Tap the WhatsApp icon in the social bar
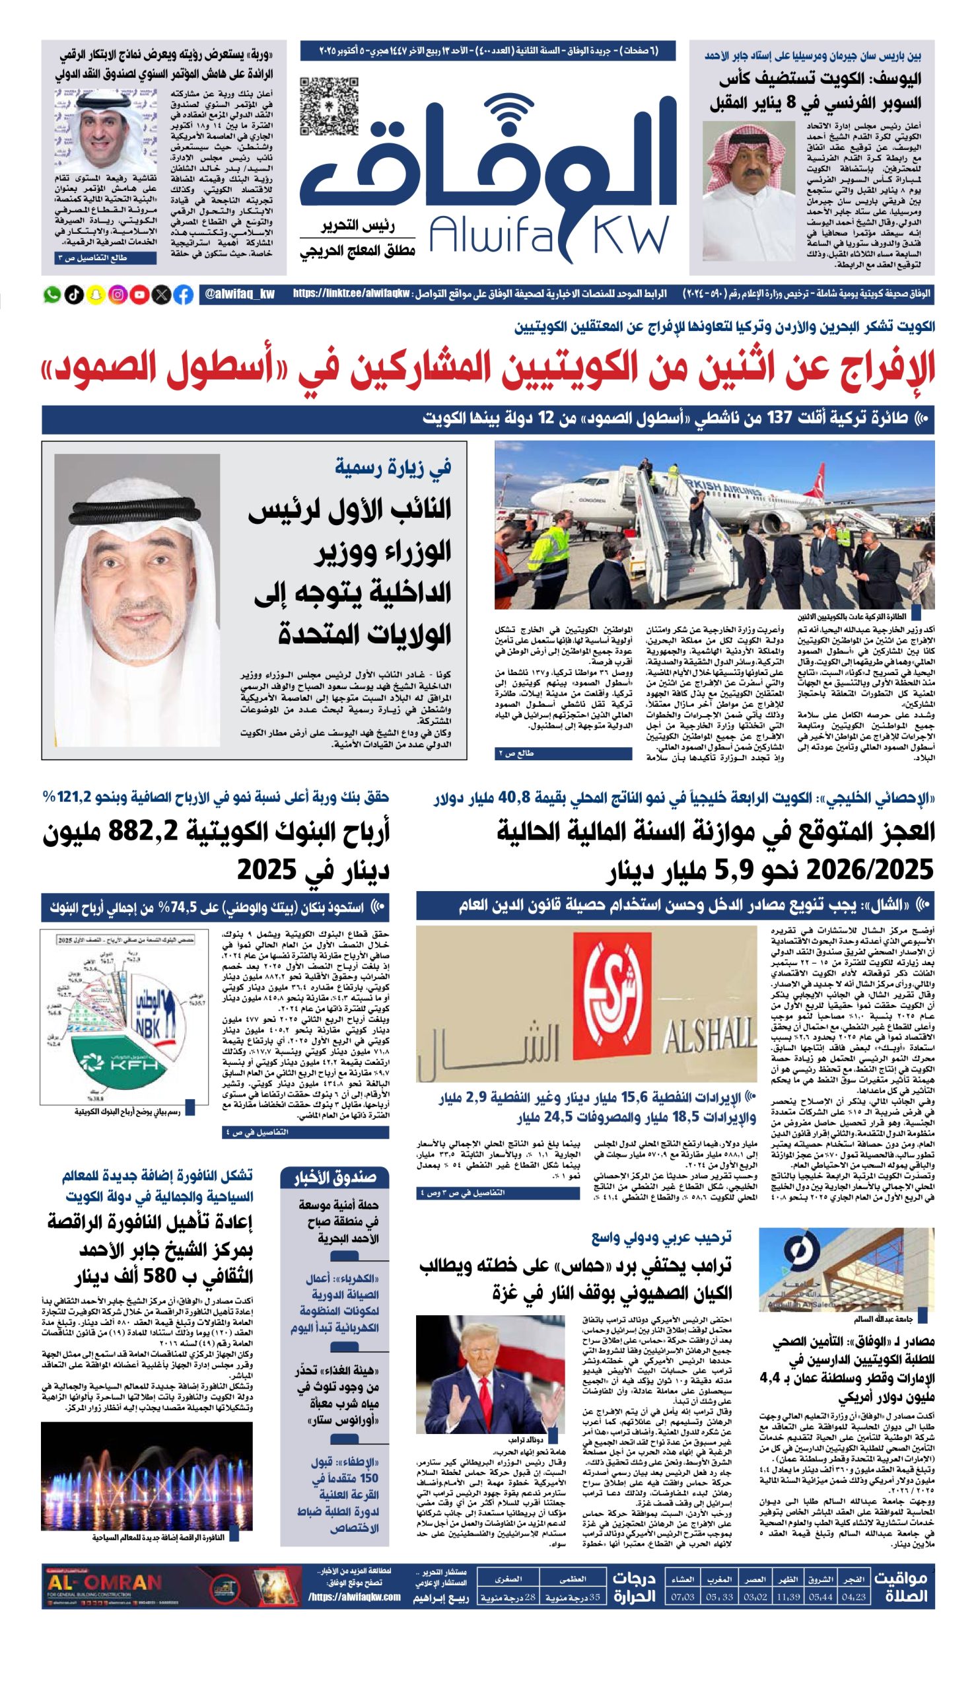(52, 295)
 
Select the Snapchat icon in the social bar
(96, 295)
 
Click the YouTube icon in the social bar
(139, 295)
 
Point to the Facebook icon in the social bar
(183, 295)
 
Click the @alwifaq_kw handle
(240, 295)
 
